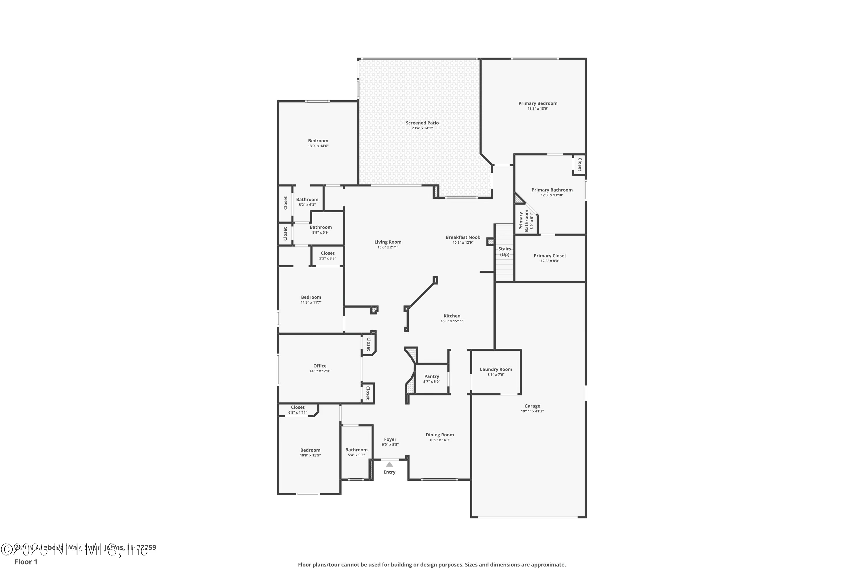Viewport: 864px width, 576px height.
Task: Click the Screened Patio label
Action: (x=422, y=123)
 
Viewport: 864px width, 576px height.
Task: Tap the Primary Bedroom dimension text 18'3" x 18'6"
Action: (x=538, y=109)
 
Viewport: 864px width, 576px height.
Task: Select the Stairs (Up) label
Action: (x=504, y=252)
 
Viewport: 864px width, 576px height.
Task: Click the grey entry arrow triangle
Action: (x=389, y=464)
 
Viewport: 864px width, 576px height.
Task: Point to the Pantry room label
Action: (x=432, y=376)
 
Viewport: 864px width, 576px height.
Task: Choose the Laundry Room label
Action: (x=496, y=369)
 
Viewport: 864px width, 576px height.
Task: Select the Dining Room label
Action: (x=440, y=435)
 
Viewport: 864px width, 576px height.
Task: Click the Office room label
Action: (x=320, y=365)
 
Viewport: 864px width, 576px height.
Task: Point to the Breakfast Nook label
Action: (x=463, y=237)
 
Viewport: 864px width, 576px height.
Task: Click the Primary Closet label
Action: (x=550, y=256)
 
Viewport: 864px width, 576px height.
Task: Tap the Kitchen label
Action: (x=452, y=316)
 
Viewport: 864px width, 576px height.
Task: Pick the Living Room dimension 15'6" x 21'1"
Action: (x=388, y=247)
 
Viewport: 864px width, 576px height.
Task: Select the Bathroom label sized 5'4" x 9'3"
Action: (x=356, y=450)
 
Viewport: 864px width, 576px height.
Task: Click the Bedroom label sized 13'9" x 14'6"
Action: (x=318, y=141)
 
